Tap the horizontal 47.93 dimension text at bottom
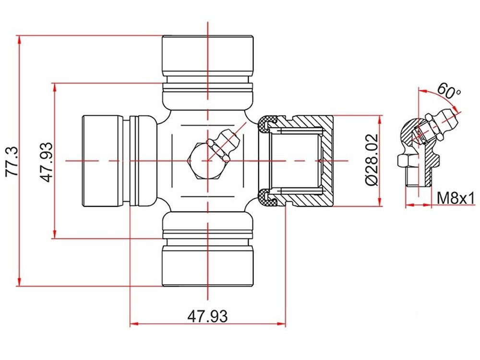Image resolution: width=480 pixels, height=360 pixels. click(x=207, y=316)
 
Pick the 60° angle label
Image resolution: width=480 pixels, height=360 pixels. click(x=448, y=91)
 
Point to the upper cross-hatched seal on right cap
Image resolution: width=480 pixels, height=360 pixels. click(x=267, y=124)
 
